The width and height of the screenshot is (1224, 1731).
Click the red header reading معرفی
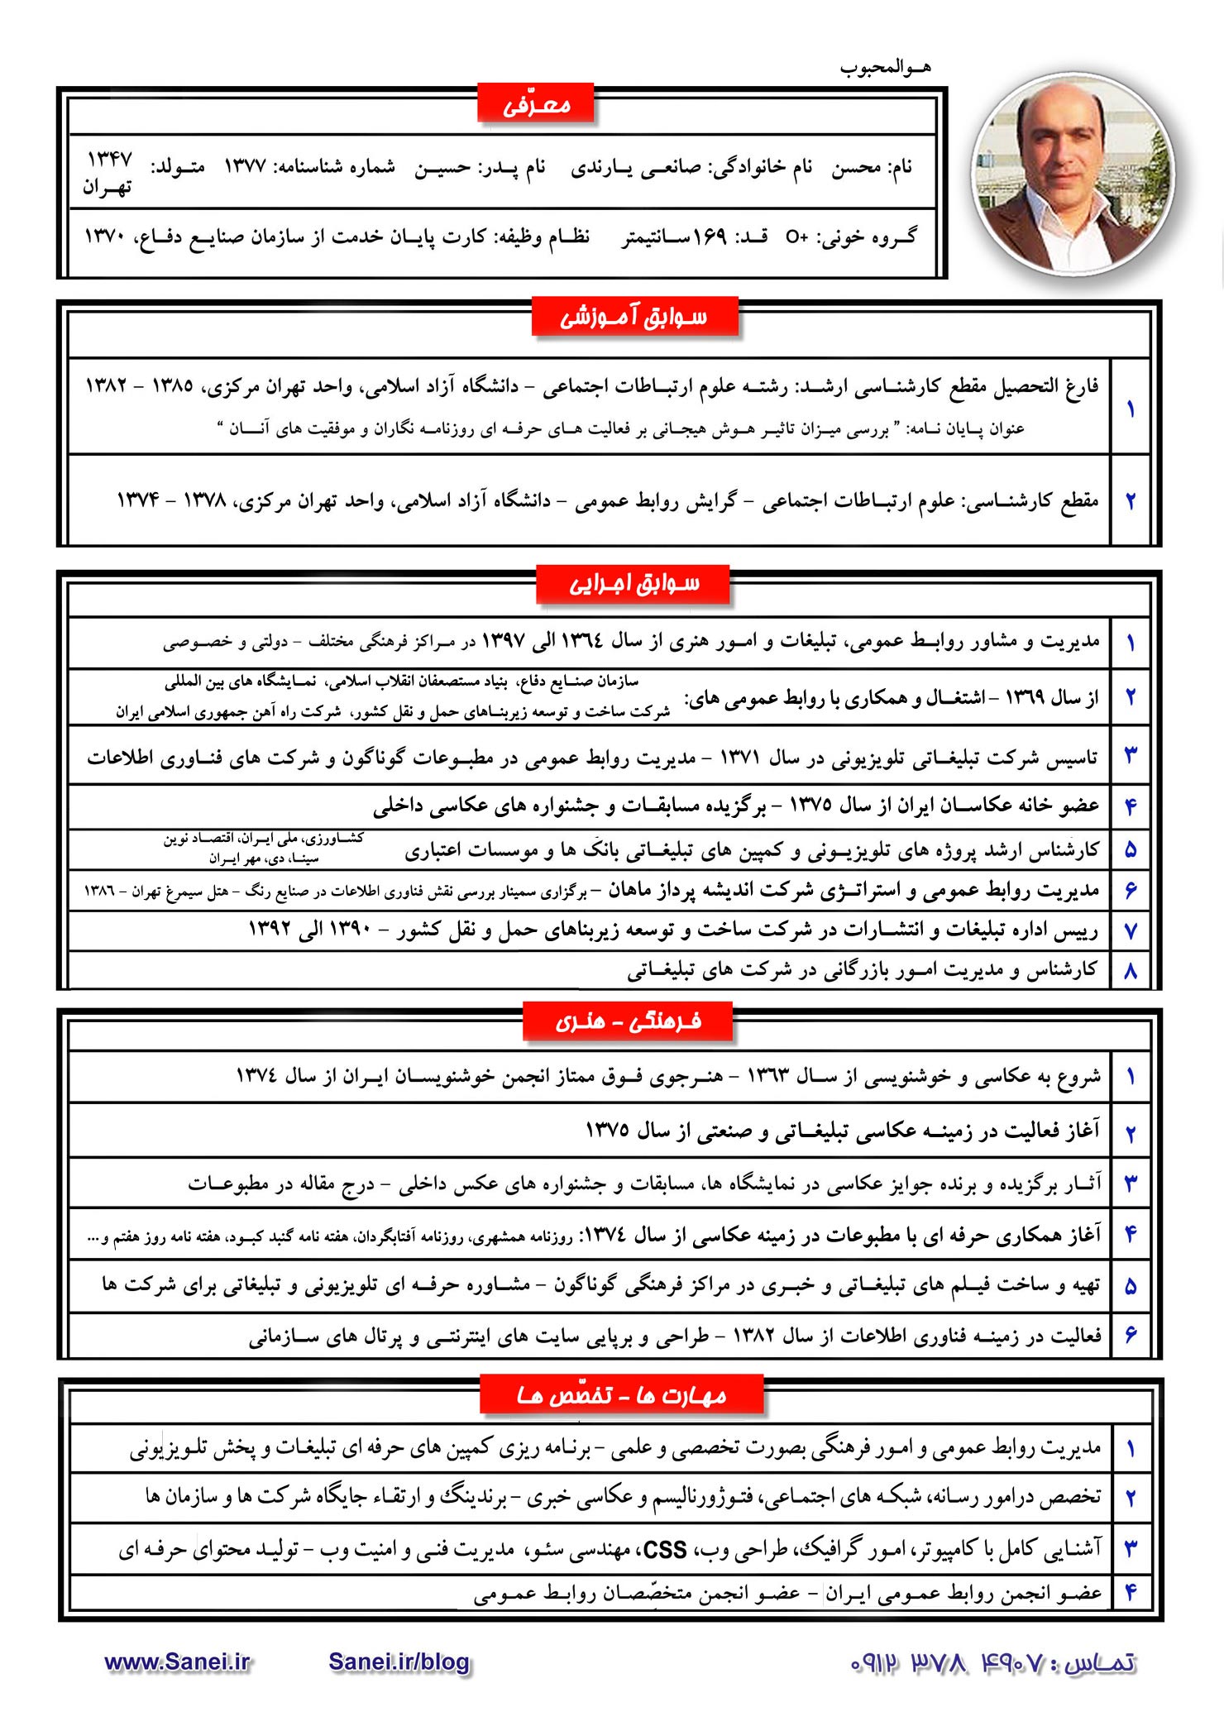pos(536,105)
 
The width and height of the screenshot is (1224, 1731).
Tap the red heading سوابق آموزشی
pos(634,318)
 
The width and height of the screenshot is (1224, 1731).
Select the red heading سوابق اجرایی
pos(634,585)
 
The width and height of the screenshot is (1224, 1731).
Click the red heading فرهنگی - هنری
pos(629,1022)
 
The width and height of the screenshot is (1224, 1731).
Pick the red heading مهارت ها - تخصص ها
pos(622,1396)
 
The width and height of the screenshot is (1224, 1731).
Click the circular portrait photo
pos(1073,175)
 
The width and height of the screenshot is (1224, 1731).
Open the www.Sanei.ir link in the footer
pos(177,1662)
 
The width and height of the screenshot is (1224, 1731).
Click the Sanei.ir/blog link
pos(399,1662)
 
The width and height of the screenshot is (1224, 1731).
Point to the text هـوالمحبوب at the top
pos(885,68)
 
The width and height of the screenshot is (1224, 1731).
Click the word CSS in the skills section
pos(664,1550)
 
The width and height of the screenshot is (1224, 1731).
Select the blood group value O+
pos(796,238)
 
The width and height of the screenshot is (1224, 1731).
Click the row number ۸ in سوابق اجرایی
pos(1131,971)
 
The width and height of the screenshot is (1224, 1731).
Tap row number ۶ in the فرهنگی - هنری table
pos(1131,1335)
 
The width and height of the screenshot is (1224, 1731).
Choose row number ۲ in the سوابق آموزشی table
pos(1131,500)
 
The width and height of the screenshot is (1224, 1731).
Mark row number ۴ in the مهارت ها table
pos(1131,1593)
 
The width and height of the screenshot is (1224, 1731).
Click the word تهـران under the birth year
pos(108,188)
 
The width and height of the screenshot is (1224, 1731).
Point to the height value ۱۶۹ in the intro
pos(710,238)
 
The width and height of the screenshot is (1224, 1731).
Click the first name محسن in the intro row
pos(856,168)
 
